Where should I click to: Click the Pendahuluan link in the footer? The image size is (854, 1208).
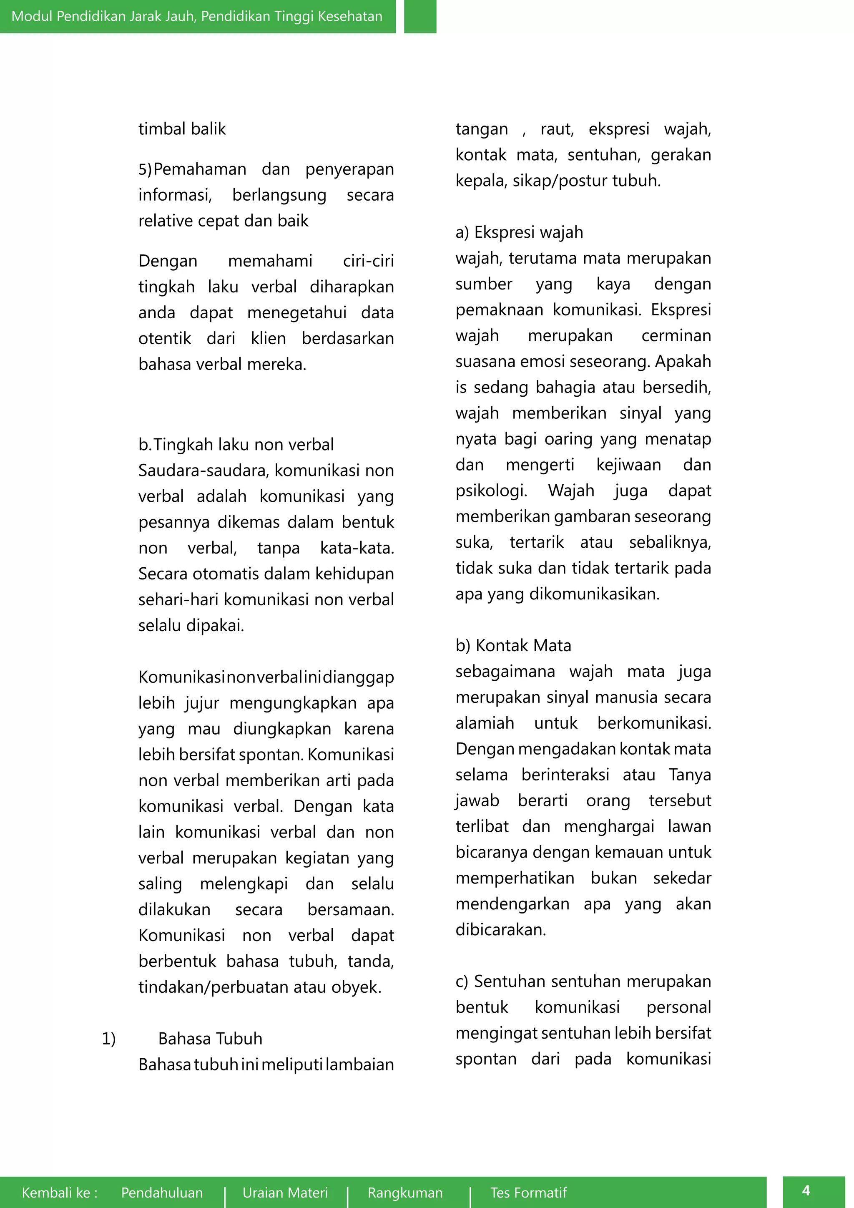pos(161,1192)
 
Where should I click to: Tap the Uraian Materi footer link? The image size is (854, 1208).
pos(285,1192)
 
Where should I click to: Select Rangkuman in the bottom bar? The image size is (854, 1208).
pos(405,1192)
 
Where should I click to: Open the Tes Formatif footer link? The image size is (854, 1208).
pos(528,1192)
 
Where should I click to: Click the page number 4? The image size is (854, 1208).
pos(806,1190)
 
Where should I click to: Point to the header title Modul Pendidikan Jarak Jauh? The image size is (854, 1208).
pos(197,16)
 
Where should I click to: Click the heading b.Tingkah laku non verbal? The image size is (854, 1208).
pos(236,445)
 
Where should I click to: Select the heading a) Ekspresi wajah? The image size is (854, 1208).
pos(519,232)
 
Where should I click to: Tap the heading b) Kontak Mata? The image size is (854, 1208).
pos(513,646)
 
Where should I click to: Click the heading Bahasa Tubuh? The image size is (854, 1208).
pos(210,1039)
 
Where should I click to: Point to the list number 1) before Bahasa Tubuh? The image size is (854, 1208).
pos(108,1039)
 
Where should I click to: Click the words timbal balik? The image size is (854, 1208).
pos(182,129)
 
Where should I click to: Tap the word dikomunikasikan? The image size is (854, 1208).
pos(594,594)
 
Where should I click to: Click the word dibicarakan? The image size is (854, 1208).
pos(501,930)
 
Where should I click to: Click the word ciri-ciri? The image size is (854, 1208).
pos(368,261)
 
